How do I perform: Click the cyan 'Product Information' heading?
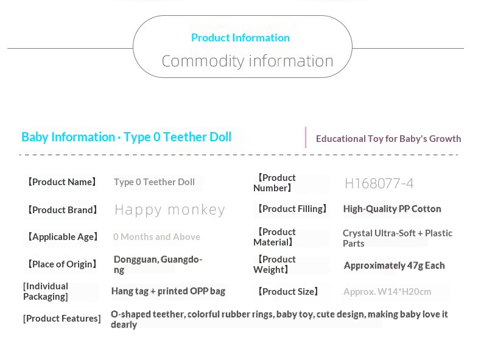click(240, 38)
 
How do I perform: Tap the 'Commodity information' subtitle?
click(248, 61)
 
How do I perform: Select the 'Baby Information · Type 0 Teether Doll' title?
click(127, 137)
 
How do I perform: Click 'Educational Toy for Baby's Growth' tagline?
click(388, 139)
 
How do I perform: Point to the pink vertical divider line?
click(306, 137)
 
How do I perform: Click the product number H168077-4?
click(379, 183)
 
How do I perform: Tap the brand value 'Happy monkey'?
click(170, 210)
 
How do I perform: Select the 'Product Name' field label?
click(61, 182)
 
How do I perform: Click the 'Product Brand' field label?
click(62, 210)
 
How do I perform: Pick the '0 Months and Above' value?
click(156, 237)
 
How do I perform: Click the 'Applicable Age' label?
click(63, 237)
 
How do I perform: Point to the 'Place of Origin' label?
click(62, 264)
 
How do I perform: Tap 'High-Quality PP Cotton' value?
click(392, 209)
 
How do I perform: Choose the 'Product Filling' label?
click(292, 209)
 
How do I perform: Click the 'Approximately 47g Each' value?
click(394, 266)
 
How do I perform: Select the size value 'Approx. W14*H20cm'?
click(387, 292)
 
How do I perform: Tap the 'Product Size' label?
click(288, 292)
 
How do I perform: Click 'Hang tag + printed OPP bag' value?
click(169, 291)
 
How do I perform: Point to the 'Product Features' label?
click(61, 319)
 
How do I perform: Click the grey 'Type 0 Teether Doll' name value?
click(154, 182)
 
